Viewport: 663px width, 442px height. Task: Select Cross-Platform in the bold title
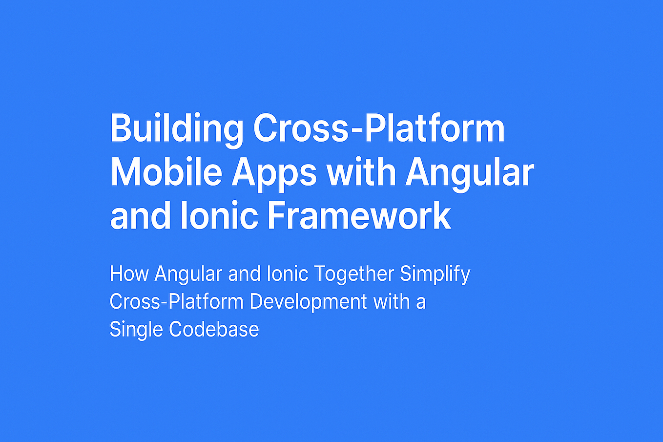tap(379, 128)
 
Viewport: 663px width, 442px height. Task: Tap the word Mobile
tap(166, 172)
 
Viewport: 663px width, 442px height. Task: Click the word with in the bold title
tap(361, 172)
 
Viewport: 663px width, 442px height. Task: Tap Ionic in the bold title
tap(219, 216)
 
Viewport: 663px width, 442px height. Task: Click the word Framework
tap(359, 216)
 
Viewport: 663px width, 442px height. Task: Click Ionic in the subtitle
tap(288, 274)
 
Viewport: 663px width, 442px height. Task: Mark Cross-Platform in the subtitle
tap(176, 302)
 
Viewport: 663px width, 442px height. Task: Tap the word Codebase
tap(214, 330)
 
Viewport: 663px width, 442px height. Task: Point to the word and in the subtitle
tap(244, 274)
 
